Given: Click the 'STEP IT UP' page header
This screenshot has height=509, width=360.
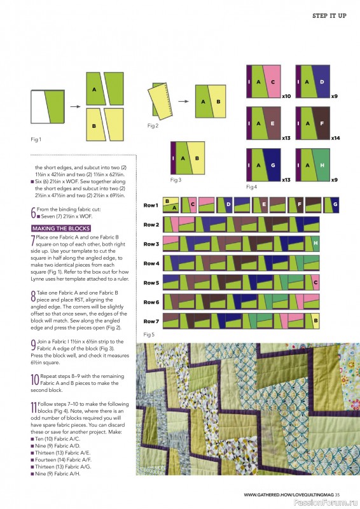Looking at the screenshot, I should (329, 15).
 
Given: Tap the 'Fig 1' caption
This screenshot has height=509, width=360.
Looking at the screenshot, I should (36, 139).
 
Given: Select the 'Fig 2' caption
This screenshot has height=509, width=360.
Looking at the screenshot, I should (153, 126).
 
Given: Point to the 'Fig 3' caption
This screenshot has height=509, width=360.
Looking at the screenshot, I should (176, 180).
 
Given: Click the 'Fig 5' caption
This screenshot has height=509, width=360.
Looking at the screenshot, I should (149, 333).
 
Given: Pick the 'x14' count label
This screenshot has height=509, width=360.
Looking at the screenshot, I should (335, 138).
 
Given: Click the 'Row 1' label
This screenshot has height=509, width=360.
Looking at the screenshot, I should (151, 206).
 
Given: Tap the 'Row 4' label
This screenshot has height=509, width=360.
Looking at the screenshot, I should (151, 263).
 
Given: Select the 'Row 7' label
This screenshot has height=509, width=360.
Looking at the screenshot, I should (151, 321).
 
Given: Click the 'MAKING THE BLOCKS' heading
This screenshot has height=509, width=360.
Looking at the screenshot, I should (60, 228).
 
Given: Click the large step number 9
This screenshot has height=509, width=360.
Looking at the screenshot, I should (33, 345).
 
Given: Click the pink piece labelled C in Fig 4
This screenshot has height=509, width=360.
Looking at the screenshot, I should (272, 82).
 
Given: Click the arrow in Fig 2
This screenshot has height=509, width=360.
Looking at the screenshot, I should (182, 101).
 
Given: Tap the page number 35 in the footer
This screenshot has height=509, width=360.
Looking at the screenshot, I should (337, 494).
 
